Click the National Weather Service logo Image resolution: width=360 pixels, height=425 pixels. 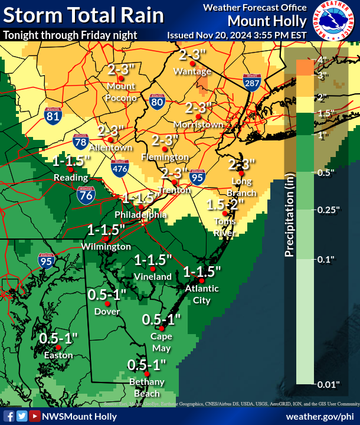(x=333, y=21)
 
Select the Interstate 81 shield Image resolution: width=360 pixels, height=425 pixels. (x=53, y=115)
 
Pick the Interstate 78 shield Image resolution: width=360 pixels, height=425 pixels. (x=81, y=141)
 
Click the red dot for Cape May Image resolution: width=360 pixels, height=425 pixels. (x=161, y=328)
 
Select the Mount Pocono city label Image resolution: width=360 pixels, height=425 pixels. (x=122, y=92)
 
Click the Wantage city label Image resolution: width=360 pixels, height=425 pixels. (x=192, y=71)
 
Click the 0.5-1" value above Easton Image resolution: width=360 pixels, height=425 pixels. (x=59, y=339)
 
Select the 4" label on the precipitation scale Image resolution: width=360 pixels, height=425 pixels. (x=322, y=60)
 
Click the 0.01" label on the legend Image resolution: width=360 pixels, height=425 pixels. (x=329, y=384)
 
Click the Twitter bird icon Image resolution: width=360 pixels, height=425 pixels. (x=21, y=416)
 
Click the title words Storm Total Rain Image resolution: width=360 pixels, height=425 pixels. (x=83, y=15)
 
